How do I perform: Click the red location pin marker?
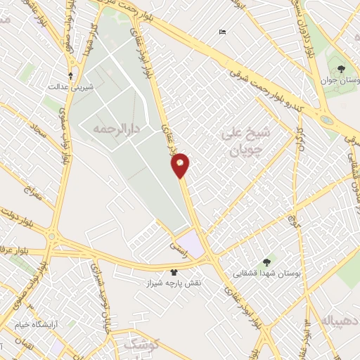point(181,165)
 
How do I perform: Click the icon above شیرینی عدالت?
point(70,74)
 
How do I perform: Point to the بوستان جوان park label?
point(340,80)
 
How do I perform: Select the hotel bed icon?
point(223,32)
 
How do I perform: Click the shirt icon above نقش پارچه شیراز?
point(174,272)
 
